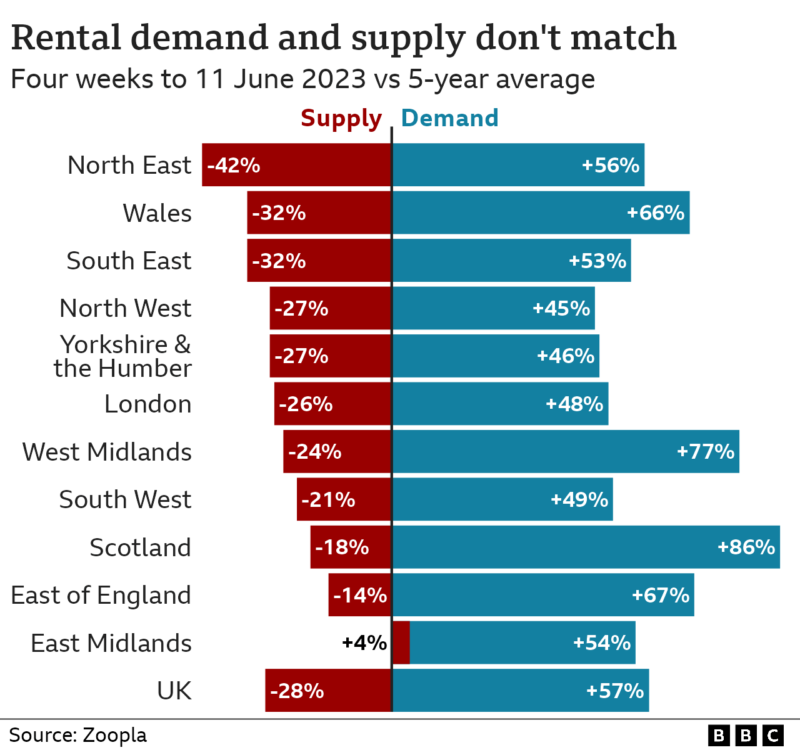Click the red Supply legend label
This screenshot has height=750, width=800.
(x=341, y=119)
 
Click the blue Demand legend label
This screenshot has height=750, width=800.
(x=449, y=118)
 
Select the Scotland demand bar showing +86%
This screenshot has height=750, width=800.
(x=586, y=547)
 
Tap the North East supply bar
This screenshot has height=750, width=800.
(x=296, y=165)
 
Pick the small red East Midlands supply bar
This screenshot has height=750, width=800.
(x=401, y=642)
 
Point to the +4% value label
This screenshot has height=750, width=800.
(x=364, y=642)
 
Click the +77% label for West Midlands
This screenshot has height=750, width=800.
(x=705, y=451)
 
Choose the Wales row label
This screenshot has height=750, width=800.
(x=157, y=213)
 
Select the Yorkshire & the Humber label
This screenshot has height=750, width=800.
(x=123, y=356)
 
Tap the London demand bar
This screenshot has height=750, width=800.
(x=500, y=404)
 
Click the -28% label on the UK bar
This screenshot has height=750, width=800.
(x=297, y=691)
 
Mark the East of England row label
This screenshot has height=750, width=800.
(x=101, y=595)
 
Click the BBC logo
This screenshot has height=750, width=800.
(x=745, y=735)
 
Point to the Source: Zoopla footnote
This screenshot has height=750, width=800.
(x=78, y=735)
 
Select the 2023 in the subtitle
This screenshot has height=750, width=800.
(x=333, y=79)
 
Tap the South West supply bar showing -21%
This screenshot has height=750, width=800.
(x=344, y=499)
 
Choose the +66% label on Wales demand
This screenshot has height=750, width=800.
(x=655, y=213)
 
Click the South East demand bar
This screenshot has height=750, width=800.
(x=511, y=261)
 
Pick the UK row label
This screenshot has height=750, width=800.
(x=174, y=691)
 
